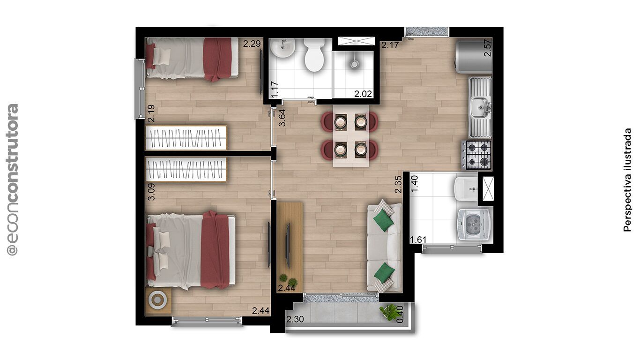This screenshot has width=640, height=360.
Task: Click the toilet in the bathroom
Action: tap(314, 55)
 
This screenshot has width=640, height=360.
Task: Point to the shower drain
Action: tap(355, 64)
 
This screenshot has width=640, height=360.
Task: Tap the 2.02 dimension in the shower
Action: tap(363, 94)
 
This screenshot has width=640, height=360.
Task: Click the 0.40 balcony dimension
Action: tap(400, 314)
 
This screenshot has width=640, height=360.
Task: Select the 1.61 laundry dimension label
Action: tap(418, 240)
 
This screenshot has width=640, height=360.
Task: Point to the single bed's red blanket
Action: tap(217, 59)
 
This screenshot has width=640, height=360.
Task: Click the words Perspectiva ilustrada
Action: tap(627, 180)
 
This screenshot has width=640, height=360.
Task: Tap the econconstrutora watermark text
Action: tap(12, 180)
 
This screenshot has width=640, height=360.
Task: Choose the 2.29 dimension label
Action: tap(252, 44)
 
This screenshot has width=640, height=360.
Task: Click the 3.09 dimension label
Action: tap(151, 192)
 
